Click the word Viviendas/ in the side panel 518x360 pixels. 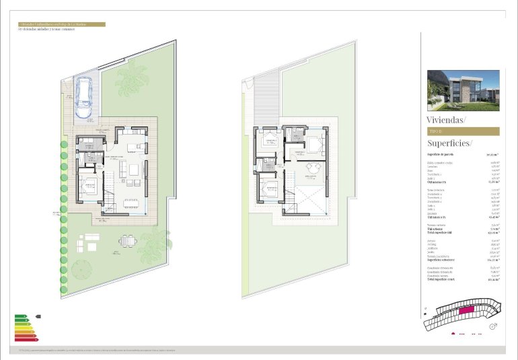point(446,119)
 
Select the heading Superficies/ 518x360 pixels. point(450,143)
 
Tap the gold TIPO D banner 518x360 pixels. point(464,131)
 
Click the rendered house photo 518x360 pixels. point(464,90)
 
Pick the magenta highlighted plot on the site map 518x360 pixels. point(466,311)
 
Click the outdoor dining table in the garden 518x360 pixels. point(127,241)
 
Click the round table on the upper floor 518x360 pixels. point(311,168)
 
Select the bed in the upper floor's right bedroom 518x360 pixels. point(315,143)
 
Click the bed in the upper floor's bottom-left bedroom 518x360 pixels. point(269,189)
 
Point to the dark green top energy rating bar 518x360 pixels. point(21,315)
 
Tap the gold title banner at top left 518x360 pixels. point(61,24)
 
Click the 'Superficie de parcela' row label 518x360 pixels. point(441,154)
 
